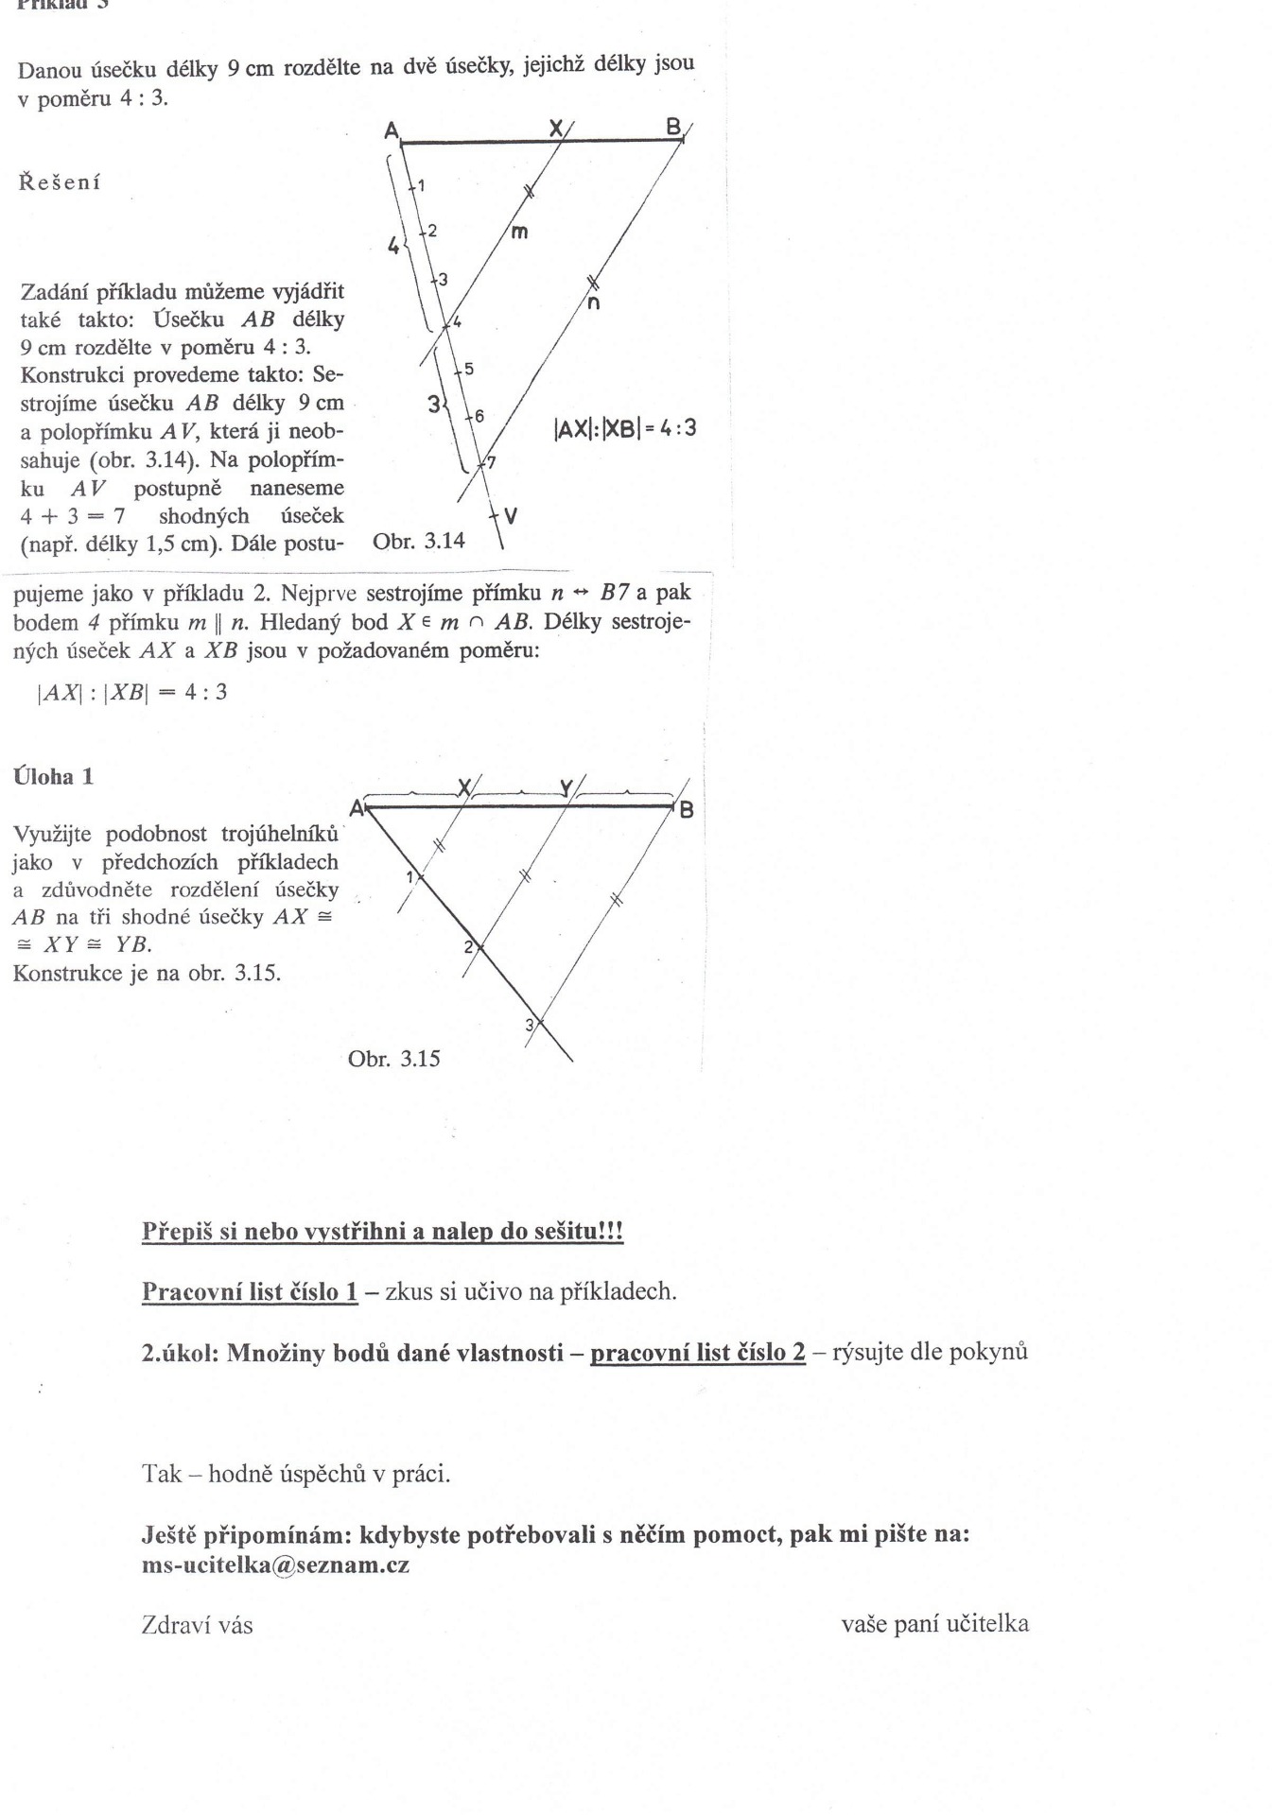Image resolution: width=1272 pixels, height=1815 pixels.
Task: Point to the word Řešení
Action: (60, 181)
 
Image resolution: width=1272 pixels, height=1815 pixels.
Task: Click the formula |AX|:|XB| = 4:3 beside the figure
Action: (624, 428)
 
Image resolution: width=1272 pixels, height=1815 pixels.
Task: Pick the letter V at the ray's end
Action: (511, 515)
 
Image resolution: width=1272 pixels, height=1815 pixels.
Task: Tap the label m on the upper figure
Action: (518, 230)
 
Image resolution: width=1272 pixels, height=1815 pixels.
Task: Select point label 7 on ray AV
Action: (490, 462)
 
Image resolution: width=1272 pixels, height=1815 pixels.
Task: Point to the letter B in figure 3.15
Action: (687, 810)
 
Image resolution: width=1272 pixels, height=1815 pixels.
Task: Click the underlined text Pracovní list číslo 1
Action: (250, 1290)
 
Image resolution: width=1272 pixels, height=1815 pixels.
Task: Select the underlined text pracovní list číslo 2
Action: (698, 1352)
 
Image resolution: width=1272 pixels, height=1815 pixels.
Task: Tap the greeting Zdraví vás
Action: (197, 1625)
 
